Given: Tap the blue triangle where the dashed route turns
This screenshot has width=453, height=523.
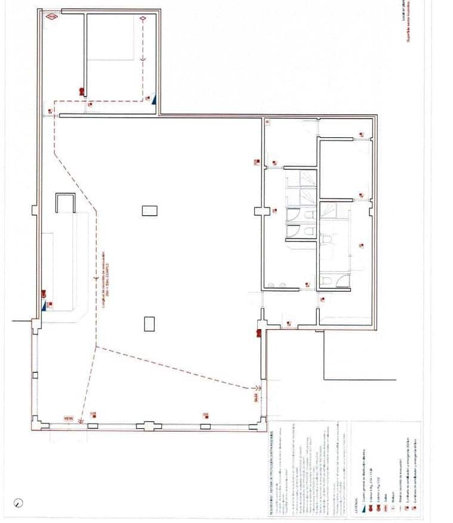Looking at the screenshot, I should (154, 100).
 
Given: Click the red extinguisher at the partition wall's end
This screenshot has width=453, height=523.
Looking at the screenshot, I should (81, 91).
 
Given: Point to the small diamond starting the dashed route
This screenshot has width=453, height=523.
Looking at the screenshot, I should (143, 19).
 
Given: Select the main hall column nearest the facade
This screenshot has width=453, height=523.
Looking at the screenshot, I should (149, 323).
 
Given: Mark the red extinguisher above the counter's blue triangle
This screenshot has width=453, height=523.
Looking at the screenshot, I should (44, 293).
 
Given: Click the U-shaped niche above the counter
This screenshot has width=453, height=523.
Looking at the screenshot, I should (64, 203).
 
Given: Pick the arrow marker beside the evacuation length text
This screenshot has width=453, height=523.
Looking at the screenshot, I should (96, 277).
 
